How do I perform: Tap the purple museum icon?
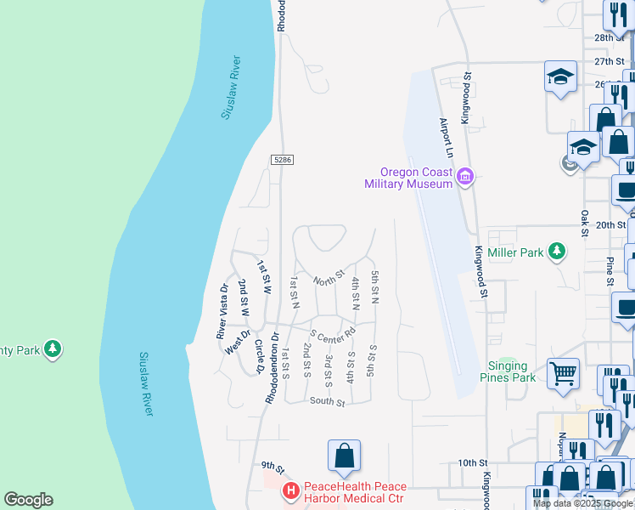point(464,178)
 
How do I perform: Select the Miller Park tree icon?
point(556,251)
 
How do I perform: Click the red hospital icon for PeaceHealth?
point(290,491)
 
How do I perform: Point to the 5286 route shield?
point(283,160)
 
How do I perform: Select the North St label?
point(328,276)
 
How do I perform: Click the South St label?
point(327,401)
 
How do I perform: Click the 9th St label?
point(272,466)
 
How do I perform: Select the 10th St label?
point(469,462)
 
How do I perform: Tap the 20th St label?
point(610,225)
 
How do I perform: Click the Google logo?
point(28,500)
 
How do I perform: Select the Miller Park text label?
point(520,252)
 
